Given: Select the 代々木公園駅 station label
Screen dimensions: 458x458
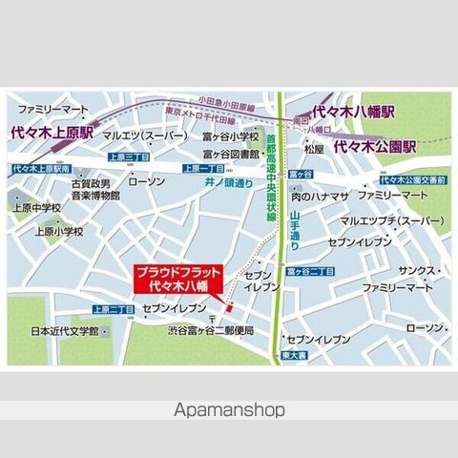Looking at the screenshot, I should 376,149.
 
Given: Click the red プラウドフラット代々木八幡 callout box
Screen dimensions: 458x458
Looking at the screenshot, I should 178,280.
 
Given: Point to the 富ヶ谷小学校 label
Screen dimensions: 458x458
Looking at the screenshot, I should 231,135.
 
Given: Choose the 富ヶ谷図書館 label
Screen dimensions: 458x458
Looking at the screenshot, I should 231,153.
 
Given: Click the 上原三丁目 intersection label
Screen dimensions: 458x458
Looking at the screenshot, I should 127,156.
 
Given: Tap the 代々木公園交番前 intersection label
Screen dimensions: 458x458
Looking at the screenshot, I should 411,179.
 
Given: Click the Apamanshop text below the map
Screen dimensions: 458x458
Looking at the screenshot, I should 229,410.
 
